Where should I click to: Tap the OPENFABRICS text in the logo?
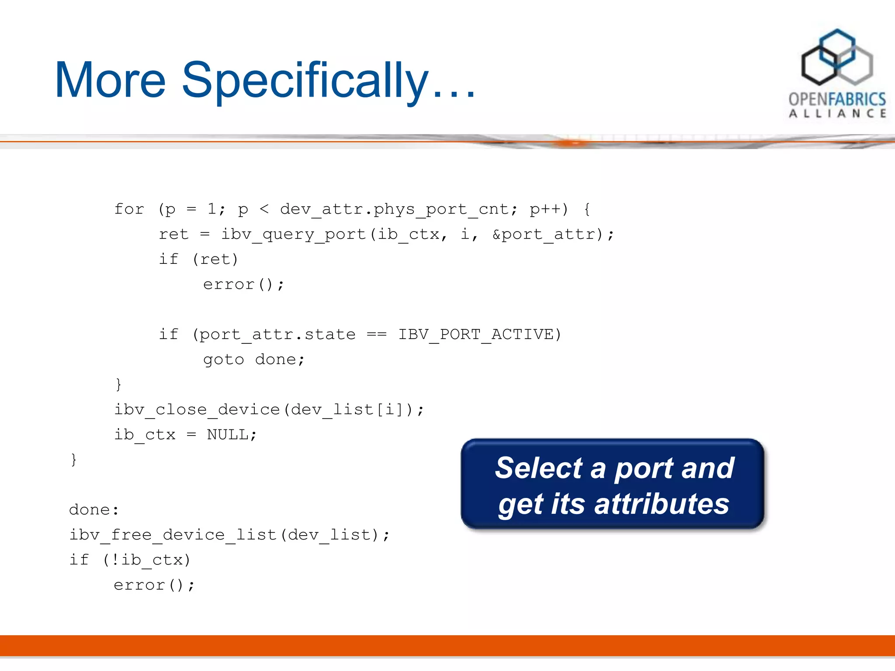[837, 99]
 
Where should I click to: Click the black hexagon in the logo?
[819, 66]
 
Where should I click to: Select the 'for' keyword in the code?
[129, 209]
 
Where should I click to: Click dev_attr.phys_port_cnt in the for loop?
[395, 209]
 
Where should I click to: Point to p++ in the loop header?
[548, 209]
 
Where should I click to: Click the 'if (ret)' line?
[198, 259]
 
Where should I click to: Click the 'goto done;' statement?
[253, 360]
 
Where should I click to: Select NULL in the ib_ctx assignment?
[227, 435]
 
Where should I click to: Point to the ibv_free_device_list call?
[173, 535]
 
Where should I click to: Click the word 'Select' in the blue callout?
[538, 468]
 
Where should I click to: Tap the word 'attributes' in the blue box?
[662, 504]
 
